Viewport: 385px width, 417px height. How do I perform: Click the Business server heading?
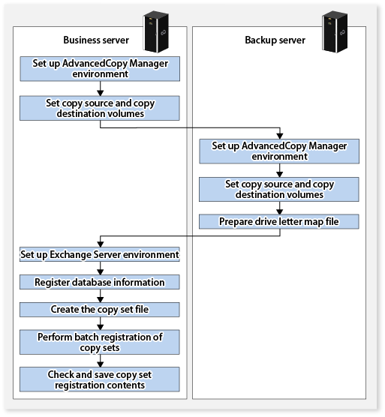(96, 40)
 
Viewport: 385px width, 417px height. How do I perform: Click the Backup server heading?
(275, 40)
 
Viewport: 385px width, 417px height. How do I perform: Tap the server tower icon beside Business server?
(155, 31)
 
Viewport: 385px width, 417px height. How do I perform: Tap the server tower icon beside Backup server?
(335, 31)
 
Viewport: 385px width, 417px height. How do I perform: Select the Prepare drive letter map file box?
(279, 221)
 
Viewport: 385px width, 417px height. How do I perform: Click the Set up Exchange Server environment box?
(100, 254)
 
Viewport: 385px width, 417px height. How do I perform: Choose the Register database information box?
(100, 282)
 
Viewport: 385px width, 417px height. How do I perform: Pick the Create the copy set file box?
(100, 310)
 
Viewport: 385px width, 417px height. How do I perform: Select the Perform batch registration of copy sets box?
(100, 342)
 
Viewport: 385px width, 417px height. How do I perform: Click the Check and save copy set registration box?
(100, 379)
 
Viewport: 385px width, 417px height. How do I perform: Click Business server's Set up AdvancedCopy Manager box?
(100, 68)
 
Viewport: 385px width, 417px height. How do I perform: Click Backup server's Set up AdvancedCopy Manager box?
(279, 151)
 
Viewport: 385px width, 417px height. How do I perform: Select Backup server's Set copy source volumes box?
(279, 189)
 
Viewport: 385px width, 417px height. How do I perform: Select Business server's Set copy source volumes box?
(100, 108)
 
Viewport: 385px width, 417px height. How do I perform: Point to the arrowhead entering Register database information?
(101, 271)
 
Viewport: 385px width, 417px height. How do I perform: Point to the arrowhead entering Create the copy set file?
(101, 299)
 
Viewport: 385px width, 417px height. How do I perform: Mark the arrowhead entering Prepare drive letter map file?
(280, 211)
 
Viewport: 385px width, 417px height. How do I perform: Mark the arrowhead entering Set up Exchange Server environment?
(101, 244)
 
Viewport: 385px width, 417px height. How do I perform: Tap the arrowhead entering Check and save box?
(101, 364)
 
